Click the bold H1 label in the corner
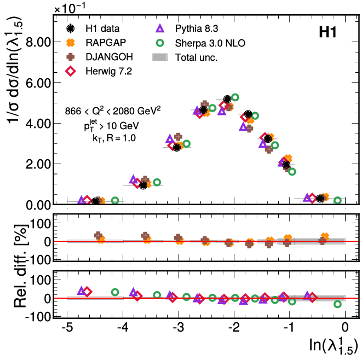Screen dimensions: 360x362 click(x=327, y=33)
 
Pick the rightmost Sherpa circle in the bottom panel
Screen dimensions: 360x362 click(x=337, y=304)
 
